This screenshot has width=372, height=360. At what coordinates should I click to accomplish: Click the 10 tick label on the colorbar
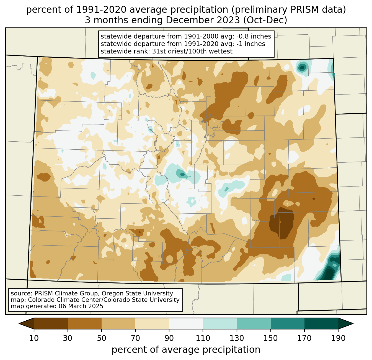click(34, 338)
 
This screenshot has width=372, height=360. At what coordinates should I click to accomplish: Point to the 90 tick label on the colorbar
click(169, 338)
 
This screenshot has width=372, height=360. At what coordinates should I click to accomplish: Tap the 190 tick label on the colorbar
click(338, 338)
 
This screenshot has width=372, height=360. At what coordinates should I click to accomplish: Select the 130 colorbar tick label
click(237, 338)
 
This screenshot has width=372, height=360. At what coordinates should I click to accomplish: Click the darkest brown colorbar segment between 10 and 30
click(51, 323)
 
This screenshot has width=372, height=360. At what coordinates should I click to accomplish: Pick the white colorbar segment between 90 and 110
click(186, 323)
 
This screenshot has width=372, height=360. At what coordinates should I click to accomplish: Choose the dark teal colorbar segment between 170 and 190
click(321, 323)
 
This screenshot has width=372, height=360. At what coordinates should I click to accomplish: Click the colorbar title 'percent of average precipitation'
click(186, 350)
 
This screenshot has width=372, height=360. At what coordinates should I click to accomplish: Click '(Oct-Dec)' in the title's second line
click(265, 20)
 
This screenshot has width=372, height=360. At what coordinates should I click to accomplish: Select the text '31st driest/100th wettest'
click(192, 51)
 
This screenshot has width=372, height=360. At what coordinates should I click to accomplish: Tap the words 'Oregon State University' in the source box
click(137, 293)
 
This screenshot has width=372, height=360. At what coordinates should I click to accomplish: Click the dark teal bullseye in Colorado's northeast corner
click(302, 67)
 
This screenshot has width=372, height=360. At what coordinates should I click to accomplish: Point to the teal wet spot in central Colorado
click(182, 174)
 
